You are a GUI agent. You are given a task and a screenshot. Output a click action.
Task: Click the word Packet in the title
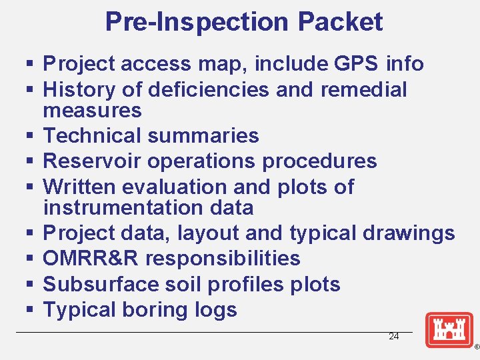tap(340, 22)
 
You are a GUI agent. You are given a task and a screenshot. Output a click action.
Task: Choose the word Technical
tap(91, 136)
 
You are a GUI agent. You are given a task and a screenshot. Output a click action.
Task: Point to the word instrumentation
tap(115, 207)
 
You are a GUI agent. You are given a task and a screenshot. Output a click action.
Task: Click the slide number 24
tap(394, 337)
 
